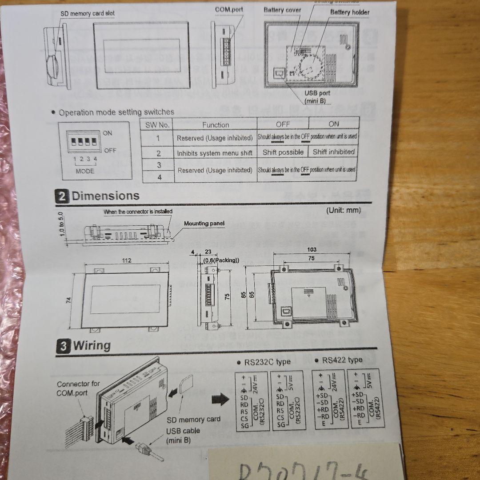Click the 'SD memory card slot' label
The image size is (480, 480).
[x=88, y=14]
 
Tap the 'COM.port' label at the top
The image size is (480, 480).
[x=229, y=9]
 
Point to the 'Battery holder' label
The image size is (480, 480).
[x=349, y=12]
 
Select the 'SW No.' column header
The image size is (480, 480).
[x=157, y=125]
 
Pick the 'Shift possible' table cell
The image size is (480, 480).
[x=283, y=152]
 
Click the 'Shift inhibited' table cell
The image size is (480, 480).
[x=333, y=152]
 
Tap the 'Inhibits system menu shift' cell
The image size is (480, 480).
[x=215, y=153]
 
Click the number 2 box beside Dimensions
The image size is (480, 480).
[x=62, y=196]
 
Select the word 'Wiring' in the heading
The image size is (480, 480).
[x=92, y=345]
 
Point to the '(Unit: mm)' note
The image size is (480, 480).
[x=344, y=210]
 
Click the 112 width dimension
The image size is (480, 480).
[x=127, y=260]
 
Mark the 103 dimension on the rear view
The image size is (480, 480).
[x=312, y=250]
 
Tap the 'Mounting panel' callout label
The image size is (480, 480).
[x=204, y=224]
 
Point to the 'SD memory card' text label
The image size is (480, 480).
[x=194, y=419]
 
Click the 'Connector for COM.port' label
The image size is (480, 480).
[x=78, y=388]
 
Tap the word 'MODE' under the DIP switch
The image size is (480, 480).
[x=85, y=171]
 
